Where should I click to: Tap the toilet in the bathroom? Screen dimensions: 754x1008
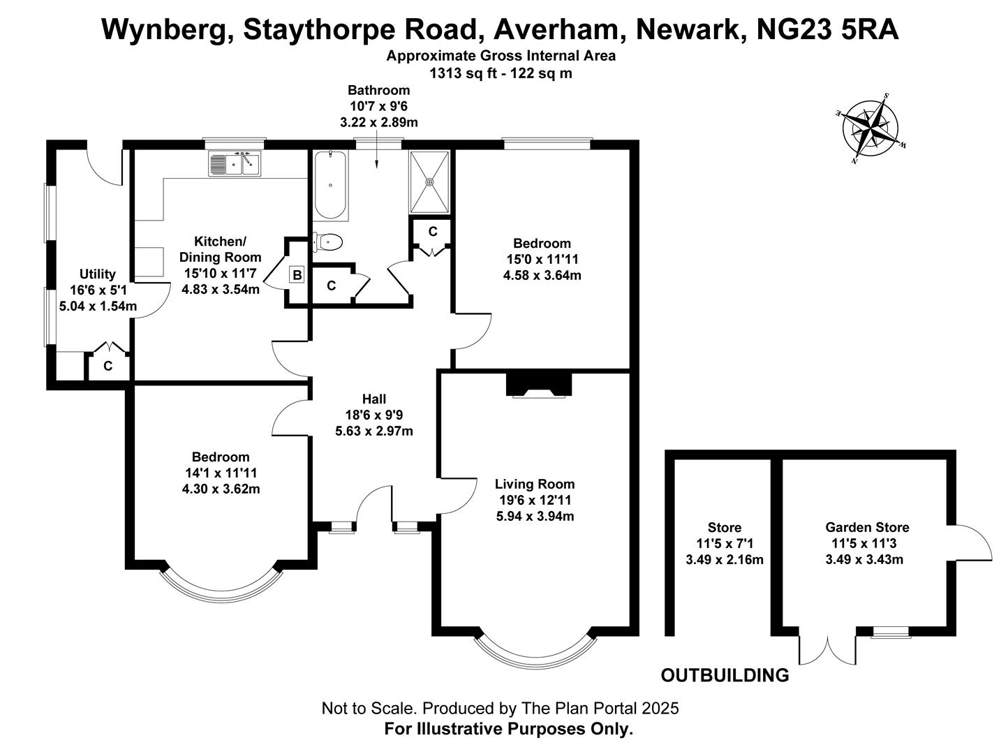pyautogui.click(x=328, y=242)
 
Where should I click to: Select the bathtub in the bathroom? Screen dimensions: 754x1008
pyautogui.click(x=329, y=186)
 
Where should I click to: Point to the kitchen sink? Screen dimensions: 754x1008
pyautogui.click(x=235, y=164)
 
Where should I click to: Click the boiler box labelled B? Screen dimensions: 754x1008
pyautogui.click(x=297, y=275)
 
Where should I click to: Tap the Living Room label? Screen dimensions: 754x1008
pyautogui.click(x=535, y=485)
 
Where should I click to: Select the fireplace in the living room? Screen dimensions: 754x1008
pyautogui.click(x=538, y=385)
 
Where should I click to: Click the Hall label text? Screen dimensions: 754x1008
pyautogui.click(x=374, y=399)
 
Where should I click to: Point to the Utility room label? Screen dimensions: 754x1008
pyautogui.click(x=97, y=274)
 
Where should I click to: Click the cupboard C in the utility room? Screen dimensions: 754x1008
pyautogui.click(x=108, y=365)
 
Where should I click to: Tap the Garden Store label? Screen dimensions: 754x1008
pyautogui.click(x=867, y=528)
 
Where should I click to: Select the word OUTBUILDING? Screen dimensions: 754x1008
pyautogui.click(x=725, y=676)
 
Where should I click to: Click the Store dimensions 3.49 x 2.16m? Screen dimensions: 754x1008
pyautogui.click(x=725, y=560)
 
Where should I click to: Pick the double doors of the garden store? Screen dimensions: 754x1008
pyautogui.click(x=828, y=649)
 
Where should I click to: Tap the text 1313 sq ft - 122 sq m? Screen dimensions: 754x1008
pyautogui.click(x=501, y=73)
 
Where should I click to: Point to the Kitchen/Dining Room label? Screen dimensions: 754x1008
pyautogui.click(x=220, y=249)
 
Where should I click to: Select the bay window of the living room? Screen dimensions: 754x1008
pyautogui.click(x=535, y=652)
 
